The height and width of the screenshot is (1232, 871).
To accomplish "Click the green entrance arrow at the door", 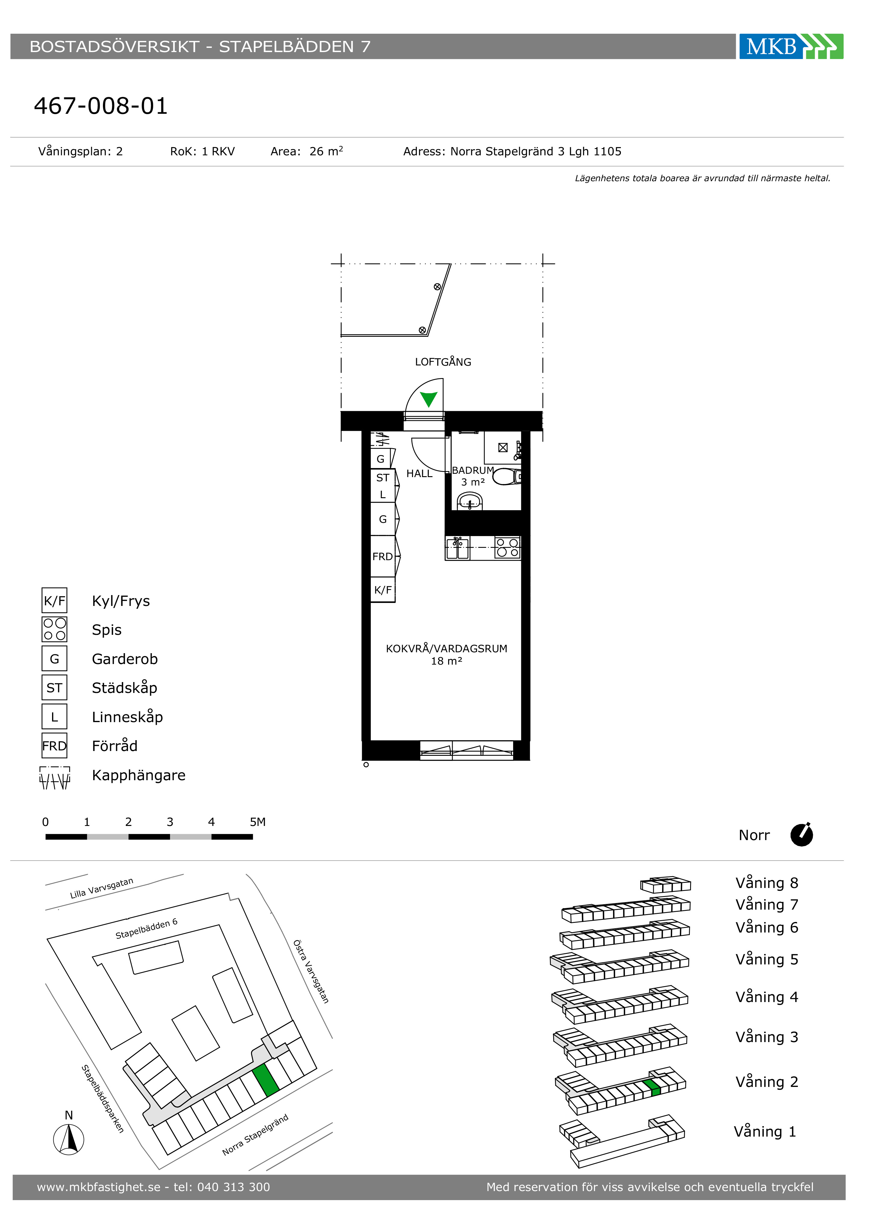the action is [x=429, y=399].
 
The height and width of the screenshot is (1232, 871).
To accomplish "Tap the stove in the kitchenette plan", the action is [x=507, y=547].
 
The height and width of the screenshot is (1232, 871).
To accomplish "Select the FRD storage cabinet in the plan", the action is [x=383, y=557].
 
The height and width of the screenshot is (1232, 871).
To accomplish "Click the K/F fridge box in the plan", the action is [x=383, y=590].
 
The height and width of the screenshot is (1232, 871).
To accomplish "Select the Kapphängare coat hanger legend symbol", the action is [x=55, y=777].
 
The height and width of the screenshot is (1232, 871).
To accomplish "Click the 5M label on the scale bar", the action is [x=258, y=821].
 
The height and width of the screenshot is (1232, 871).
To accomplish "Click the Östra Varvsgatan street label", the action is [x=311, y=971].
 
